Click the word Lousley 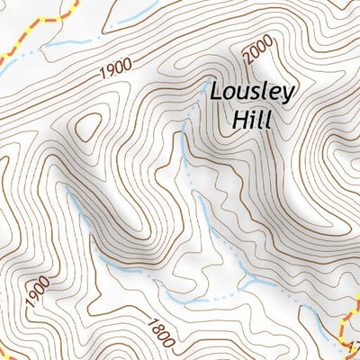pyautogui.click(x=250, y=93)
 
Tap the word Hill pyautogui.click(x=251, y=119)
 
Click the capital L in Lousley pyautogui.click(x=217, y=92)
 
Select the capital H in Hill pyautogui.click(x=238, y=119)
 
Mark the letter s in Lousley pyautogui.click(x=250, y=93)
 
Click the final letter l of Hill pyautogui.click(x=268, y=119)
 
